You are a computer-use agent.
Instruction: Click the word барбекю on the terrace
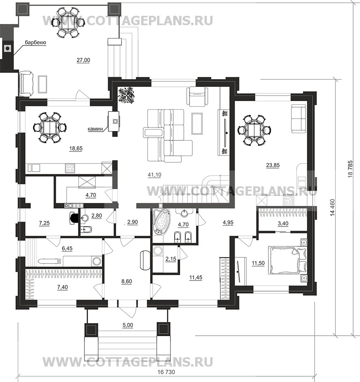pyautogui.click(x=36, y=42)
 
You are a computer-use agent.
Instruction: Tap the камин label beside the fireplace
pyautogui.click(x=96, y=129)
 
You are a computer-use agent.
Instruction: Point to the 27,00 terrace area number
pyautogui.click(x=83, y=60)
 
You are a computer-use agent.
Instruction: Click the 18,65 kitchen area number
pyautogui.click(x=75, y=149)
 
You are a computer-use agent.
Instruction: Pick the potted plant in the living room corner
pyautogui.click(x=126, y=95)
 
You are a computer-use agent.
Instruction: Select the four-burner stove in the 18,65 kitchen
pyautogui.click(x=70, y=167)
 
